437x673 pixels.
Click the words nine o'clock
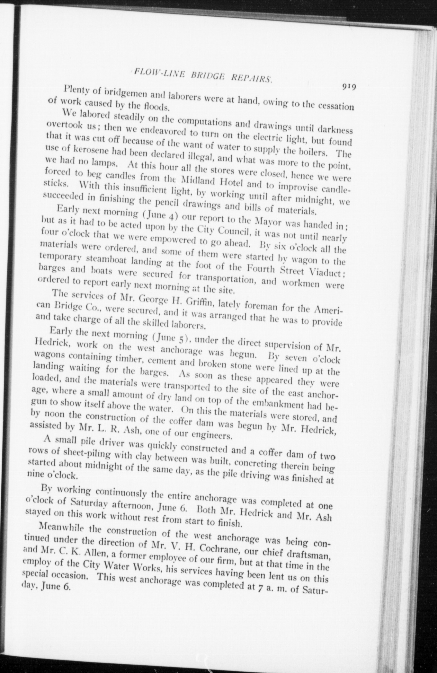[x=53, y=474]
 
